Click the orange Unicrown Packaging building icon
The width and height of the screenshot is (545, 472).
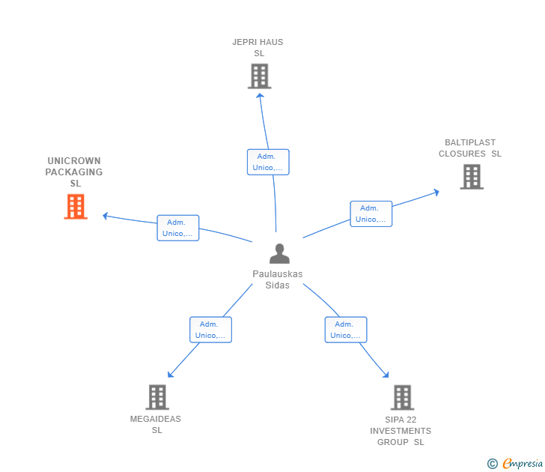click(x=76, y=207)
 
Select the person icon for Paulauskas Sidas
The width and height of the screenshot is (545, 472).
click(x=279, y=253)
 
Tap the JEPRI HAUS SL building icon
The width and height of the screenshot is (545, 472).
click(x=259, y=76)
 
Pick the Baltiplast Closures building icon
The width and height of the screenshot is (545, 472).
click(x=472, y=177)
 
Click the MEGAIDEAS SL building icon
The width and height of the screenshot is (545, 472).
click(x=157, y=397)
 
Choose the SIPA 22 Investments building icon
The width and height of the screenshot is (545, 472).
click(x=402, y=397)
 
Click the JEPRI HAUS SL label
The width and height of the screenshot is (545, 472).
click(x=258, y=48)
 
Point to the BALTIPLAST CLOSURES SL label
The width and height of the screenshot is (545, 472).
click(x=470, y=148)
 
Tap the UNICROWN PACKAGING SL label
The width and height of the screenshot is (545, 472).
click(x=74, y=172)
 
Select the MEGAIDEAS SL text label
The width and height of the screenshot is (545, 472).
click(x=156, y=424)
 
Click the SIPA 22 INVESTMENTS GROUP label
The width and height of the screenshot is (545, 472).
click(x=401, y=431)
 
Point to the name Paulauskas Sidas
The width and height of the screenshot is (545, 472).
click(x=277, y=279)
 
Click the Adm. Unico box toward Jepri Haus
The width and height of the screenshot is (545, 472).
click(x=268, y=162)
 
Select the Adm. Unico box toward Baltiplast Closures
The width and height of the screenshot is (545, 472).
click(x=371, y=214)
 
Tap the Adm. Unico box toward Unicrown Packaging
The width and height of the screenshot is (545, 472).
click(x=178, y=228)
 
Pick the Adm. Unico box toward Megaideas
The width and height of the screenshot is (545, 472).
click(x=210, y=330)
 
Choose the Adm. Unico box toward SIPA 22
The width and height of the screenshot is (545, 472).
click(x=346, y=330)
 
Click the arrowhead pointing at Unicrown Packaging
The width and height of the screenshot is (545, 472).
click(x=106, y=216)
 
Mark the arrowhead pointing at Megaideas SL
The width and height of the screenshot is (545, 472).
click(x=170, y=375)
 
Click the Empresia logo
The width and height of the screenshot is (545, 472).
click(x=515, y=463)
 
